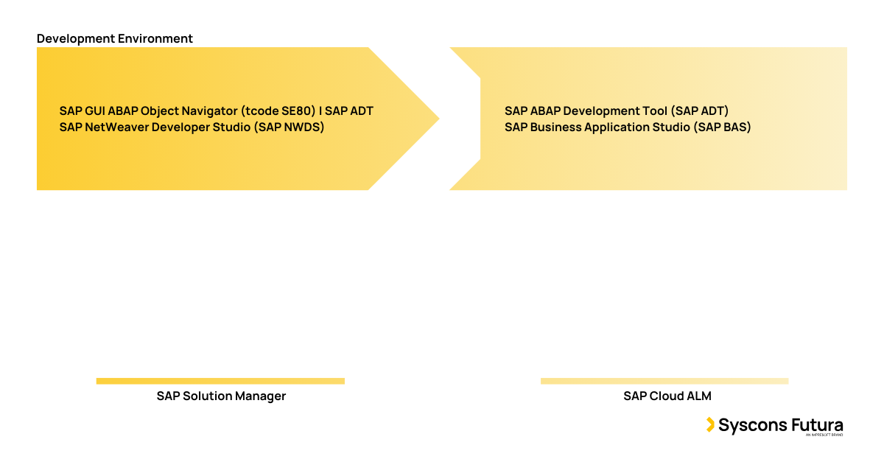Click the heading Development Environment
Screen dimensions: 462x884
tap(115, 38)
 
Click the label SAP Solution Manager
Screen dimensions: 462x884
tap(221, 396)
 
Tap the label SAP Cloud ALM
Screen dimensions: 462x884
tap(667, 396)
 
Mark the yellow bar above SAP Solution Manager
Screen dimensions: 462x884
tap(220, 381)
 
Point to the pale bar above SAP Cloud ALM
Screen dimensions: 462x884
tap(664, 381)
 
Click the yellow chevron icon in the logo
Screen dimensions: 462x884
tap(710, 424)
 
